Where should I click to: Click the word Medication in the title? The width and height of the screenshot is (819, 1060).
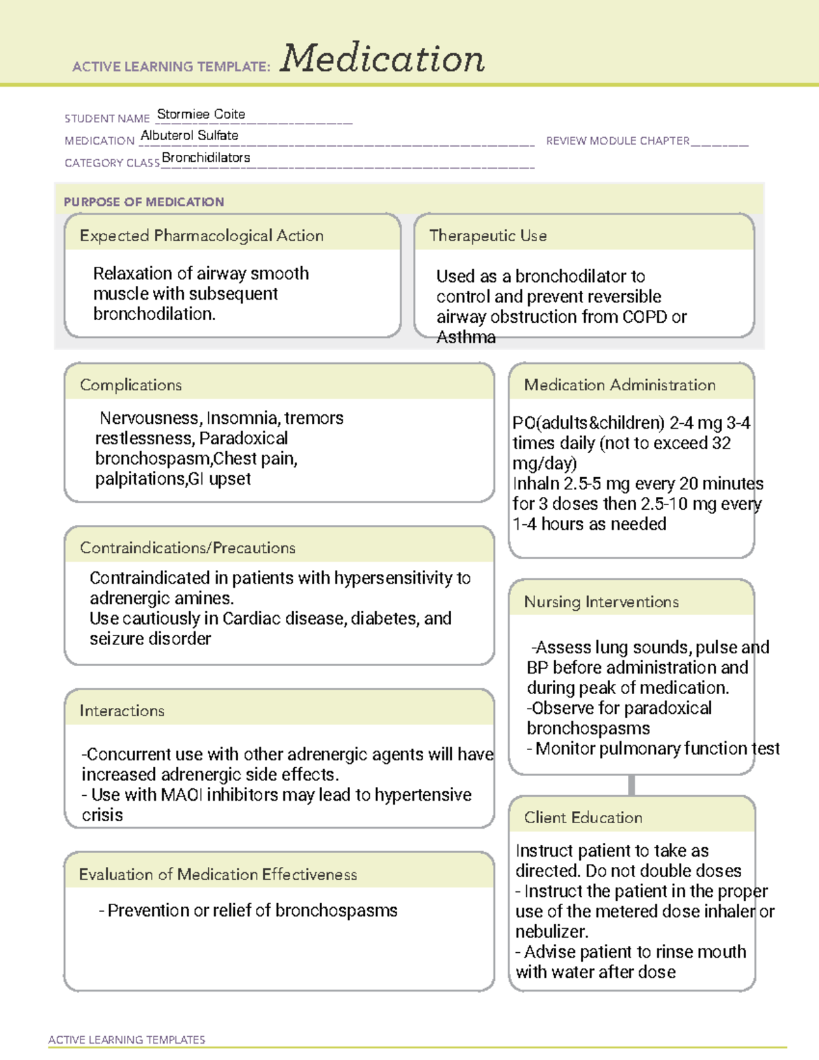click(x=382, y=59)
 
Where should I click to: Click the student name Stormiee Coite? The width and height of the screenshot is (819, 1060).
click(x=201, y=114)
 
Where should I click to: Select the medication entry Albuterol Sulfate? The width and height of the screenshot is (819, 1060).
click(x=189, y=135)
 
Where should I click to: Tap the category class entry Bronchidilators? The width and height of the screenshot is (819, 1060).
click(x=206, y=158)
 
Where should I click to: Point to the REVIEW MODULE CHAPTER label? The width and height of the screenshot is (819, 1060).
click(x=618, y=141)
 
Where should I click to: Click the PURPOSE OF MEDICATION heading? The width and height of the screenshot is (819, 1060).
click(x=143, y=202)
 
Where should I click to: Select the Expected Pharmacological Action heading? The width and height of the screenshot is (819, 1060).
click(x=201, y=235)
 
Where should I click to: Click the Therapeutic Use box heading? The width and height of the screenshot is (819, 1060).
click(x=487, y=235)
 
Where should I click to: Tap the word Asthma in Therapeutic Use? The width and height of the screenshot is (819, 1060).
click(x=466, y=337)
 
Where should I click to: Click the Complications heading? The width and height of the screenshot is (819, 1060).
click(x=130, y=385)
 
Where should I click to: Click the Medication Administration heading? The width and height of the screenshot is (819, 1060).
click(x=619, y=385)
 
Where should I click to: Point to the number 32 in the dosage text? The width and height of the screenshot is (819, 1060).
click(x=721, y=443)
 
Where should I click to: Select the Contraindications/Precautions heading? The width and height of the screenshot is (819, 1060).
click(x=187, y=548)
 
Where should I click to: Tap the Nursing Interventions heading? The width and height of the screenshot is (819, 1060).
click(x=601, y=602)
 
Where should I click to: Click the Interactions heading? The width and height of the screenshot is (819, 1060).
click(x=121, y=711)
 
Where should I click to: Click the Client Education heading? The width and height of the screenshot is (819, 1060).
click(x=583, y=818)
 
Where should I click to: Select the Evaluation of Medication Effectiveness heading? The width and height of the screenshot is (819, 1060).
click(x=218, y=874)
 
